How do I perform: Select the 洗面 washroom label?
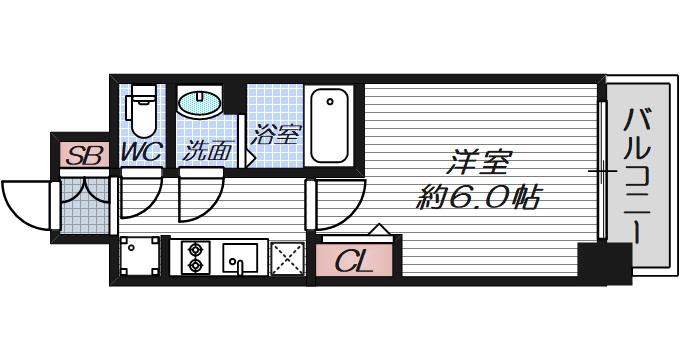207,153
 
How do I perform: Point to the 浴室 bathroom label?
276,134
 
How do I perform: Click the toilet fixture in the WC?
142,110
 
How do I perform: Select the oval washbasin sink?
202,103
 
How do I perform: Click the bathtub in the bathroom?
329,125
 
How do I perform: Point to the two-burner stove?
193,257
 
